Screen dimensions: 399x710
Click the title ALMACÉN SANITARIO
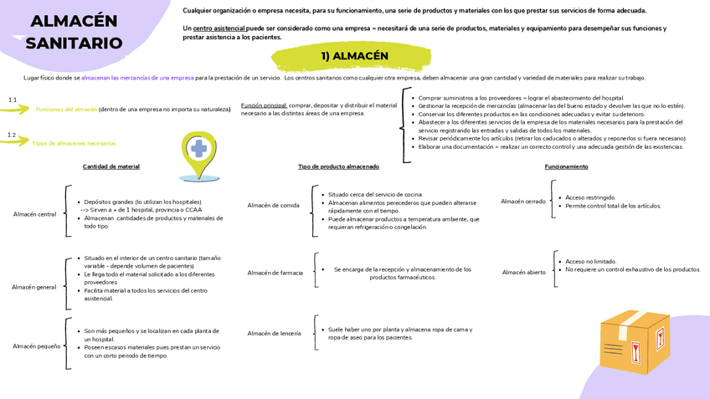point(74,32)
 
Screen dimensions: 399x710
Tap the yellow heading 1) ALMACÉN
point(354,56)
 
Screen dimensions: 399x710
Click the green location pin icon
point(198,155)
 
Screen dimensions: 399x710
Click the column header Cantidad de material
point(111,166)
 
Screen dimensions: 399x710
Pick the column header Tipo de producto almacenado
point(338,166)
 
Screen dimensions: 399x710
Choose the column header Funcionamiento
point(566,166)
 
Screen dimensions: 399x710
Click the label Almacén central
point(35,214)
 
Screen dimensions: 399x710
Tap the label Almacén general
point(34,287)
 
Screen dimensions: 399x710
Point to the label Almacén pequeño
point(37,345)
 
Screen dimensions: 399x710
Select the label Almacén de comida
point(273,205)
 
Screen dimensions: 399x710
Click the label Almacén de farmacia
point(275,273)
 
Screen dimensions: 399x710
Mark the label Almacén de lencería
point(274,333)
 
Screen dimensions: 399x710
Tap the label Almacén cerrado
point(523,201)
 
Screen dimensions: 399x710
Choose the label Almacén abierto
point(524,272)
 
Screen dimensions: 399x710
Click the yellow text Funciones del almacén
point(66,110)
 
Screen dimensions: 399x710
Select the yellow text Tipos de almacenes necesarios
point(74,143)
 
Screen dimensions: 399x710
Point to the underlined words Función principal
point(263,105)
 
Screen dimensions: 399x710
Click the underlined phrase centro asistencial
point(219,28)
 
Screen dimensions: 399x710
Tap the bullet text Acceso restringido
point(590,197)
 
